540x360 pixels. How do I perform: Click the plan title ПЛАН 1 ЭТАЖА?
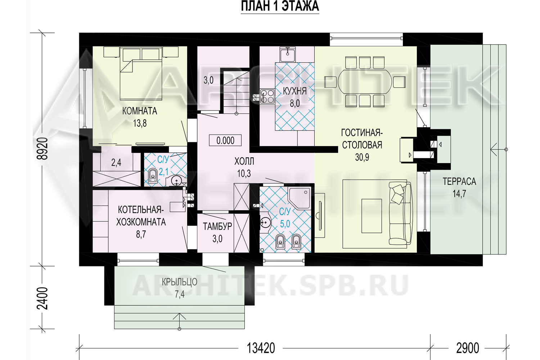click(x=280, y=6)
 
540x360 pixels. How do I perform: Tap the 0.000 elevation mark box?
click(x=225, y=140)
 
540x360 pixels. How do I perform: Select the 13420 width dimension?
click(x=261, y=348)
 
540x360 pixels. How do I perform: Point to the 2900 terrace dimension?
click(x=467, y=348)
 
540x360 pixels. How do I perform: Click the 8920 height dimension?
click(x=42, y=149)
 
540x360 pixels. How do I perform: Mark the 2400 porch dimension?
click(x=42, y=298)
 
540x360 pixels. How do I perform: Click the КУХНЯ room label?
click(x=294, y=91)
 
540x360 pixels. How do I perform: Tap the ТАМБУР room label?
click(x=217, y=226)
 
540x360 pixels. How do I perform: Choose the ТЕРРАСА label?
click(x=459, y=181)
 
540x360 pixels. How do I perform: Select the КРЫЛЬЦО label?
click(x=179, y=282)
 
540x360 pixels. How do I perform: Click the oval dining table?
click(x=365, y=82)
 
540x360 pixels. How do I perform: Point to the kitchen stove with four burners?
click(x=267, y=96)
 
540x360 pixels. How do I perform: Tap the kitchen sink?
click(x=287, y=54)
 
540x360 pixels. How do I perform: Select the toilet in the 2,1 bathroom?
click(x=153, y=176)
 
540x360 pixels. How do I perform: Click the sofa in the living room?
click(x=400, y=213)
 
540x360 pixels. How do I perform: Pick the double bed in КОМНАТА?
click(x=141, y=73)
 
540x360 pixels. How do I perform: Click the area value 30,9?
click(x=362, y=157)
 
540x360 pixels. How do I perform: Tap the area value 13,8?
click(x=140, y=123)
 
